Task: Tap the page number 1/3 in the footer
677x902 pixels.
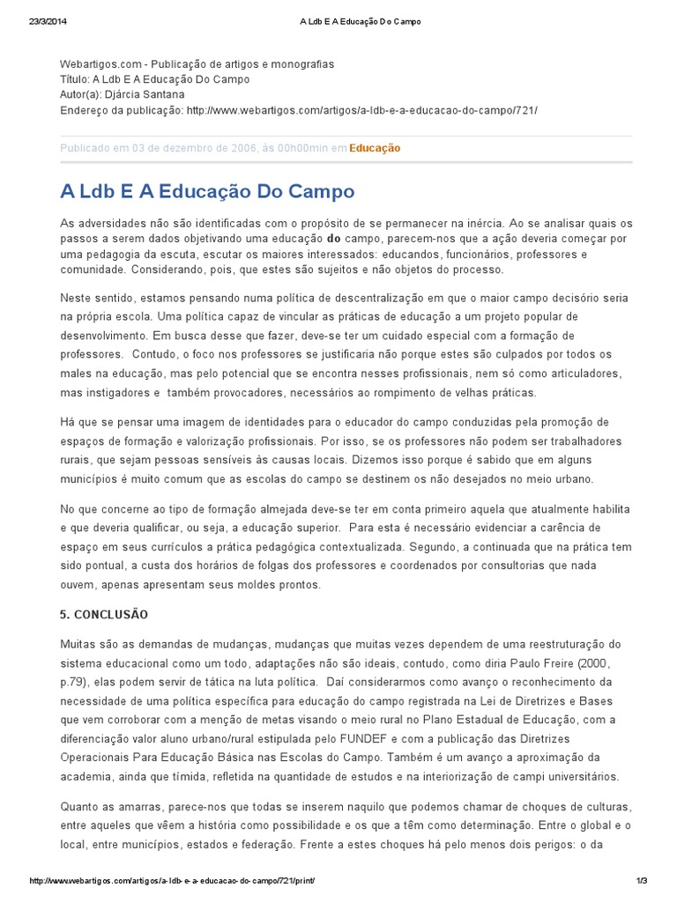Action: click(x=641, y=881)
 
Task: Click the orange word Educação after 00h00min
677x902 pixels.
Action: click(x=375, y=148)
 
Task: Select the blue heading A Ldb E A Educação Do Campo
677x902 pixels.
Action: click(x=207, y=191)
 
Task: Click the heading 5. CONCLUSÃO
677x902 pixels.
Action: click(x=104, y=614)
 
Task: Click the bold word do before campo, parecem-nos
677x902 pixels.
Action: click(x=333, y=239)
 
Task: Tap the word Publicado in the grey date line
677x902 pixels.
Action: click(x=86, y=148)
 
